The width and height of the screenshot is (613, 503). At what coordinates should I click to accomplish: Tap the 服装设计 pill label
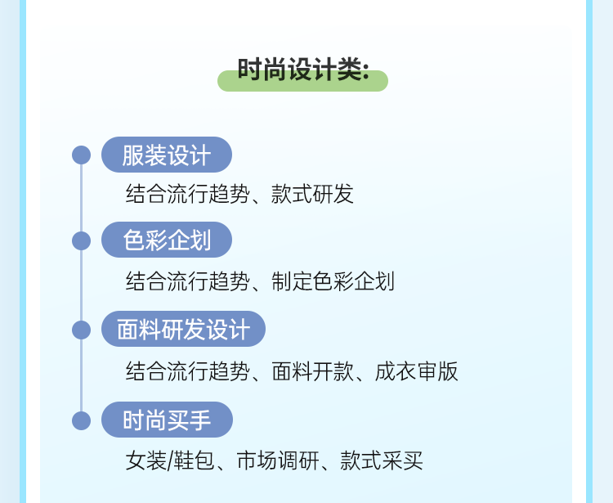[167, 155]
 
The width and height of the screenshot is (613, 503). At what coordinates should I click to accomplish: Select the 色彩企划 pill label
[167, 240]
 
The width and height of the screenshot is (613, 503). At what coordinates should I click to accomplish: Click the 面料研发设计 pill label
[183, 329]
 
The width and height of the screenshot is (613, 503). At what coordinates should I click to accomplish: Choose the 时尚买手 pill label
[167, 420]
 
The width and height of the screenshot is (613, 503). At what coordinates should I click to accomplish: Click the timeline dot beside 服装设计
[81, 155]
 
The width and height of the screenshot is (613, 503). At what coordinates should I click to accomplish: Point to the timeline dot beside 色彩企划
[81, 240]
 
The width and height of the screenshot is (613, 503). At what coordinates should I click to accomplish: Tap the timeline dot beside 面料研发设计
[81, 330]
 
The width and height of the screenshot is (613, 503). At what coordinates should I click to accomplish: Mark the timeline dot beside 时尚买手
[81, 420]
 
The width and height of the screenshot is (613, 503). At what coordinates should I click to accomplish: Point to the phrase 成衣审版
[417, 371]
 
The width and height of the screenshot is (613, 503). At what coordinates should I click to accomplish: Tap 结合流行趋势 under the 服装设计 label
[187, 194]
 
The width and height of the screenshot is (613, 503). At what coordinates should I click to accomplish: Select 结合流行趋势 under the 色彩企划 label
[187, 281]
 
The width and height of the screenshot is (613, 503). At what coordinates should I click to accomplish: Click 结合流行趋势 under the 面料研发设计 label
[187, 371]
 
